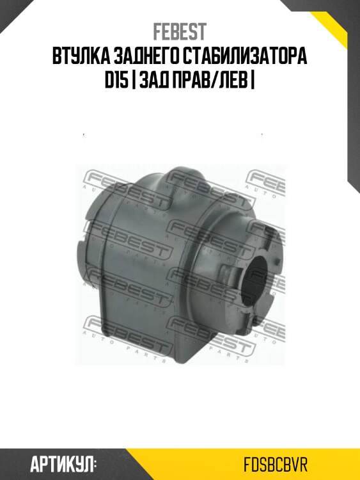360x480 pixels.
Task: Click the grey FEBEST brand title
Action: coord(180,32)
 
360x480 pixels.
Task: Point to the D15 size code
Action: coord(116,81)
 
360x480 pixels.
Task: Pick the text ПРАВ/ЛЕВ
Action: coord(210,81)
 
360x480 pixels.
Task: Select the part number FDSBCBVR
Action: coord(276,465)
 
